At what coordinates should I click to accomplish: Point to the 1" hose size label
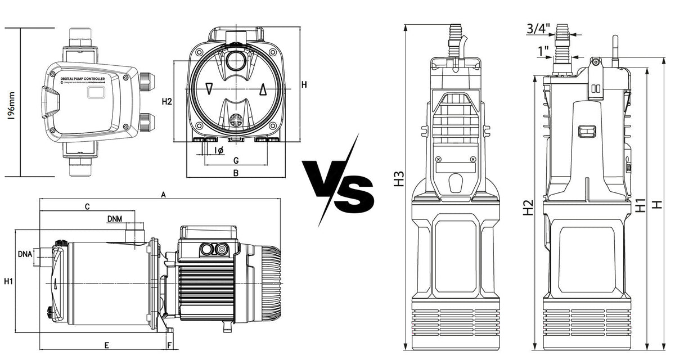click(543, 52)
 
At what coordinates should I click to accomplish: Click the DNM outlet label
click(116, 219)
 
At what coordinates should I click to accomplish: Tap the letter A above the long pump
click(163, 195)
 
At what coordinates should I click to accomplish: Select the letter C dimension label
click(87, 207)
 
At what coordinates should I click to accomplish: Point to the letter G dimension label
click(236, 161)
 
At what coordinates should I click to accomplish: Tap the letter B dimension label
click(236, 173)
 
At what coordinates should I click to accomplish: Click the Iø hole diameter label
click(219, 150)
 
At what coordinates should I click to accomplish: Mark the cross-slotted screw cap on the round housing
click(236, 120)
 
